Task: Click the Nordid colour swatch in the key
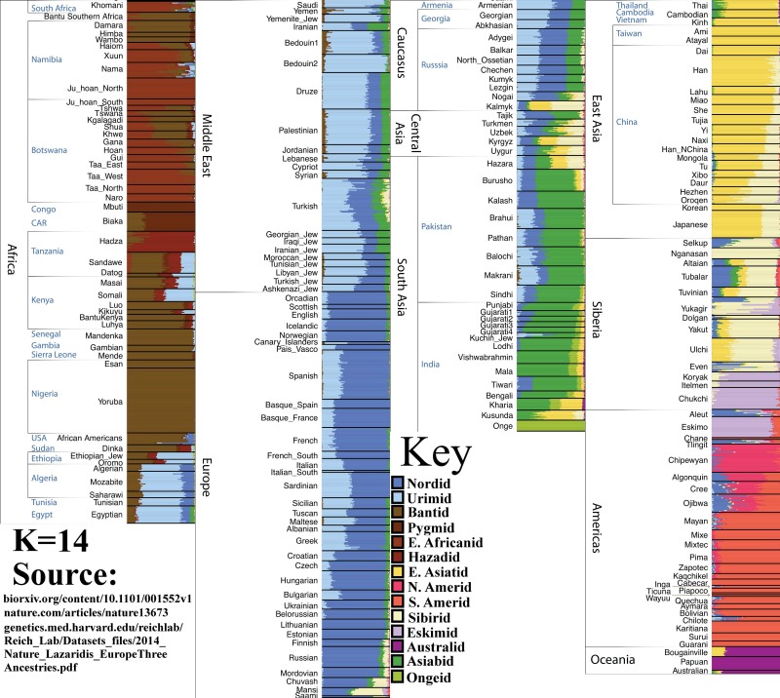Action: pyautogui.click(x=398, y=484)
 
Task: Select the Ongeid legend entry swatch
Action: pyautogui.click(x=398, y=676)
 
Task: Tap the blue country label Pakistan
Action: pyautogui.click(x=437, y=226)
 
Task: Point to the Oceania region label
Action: pyautogui.click(x=619, y=660)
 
